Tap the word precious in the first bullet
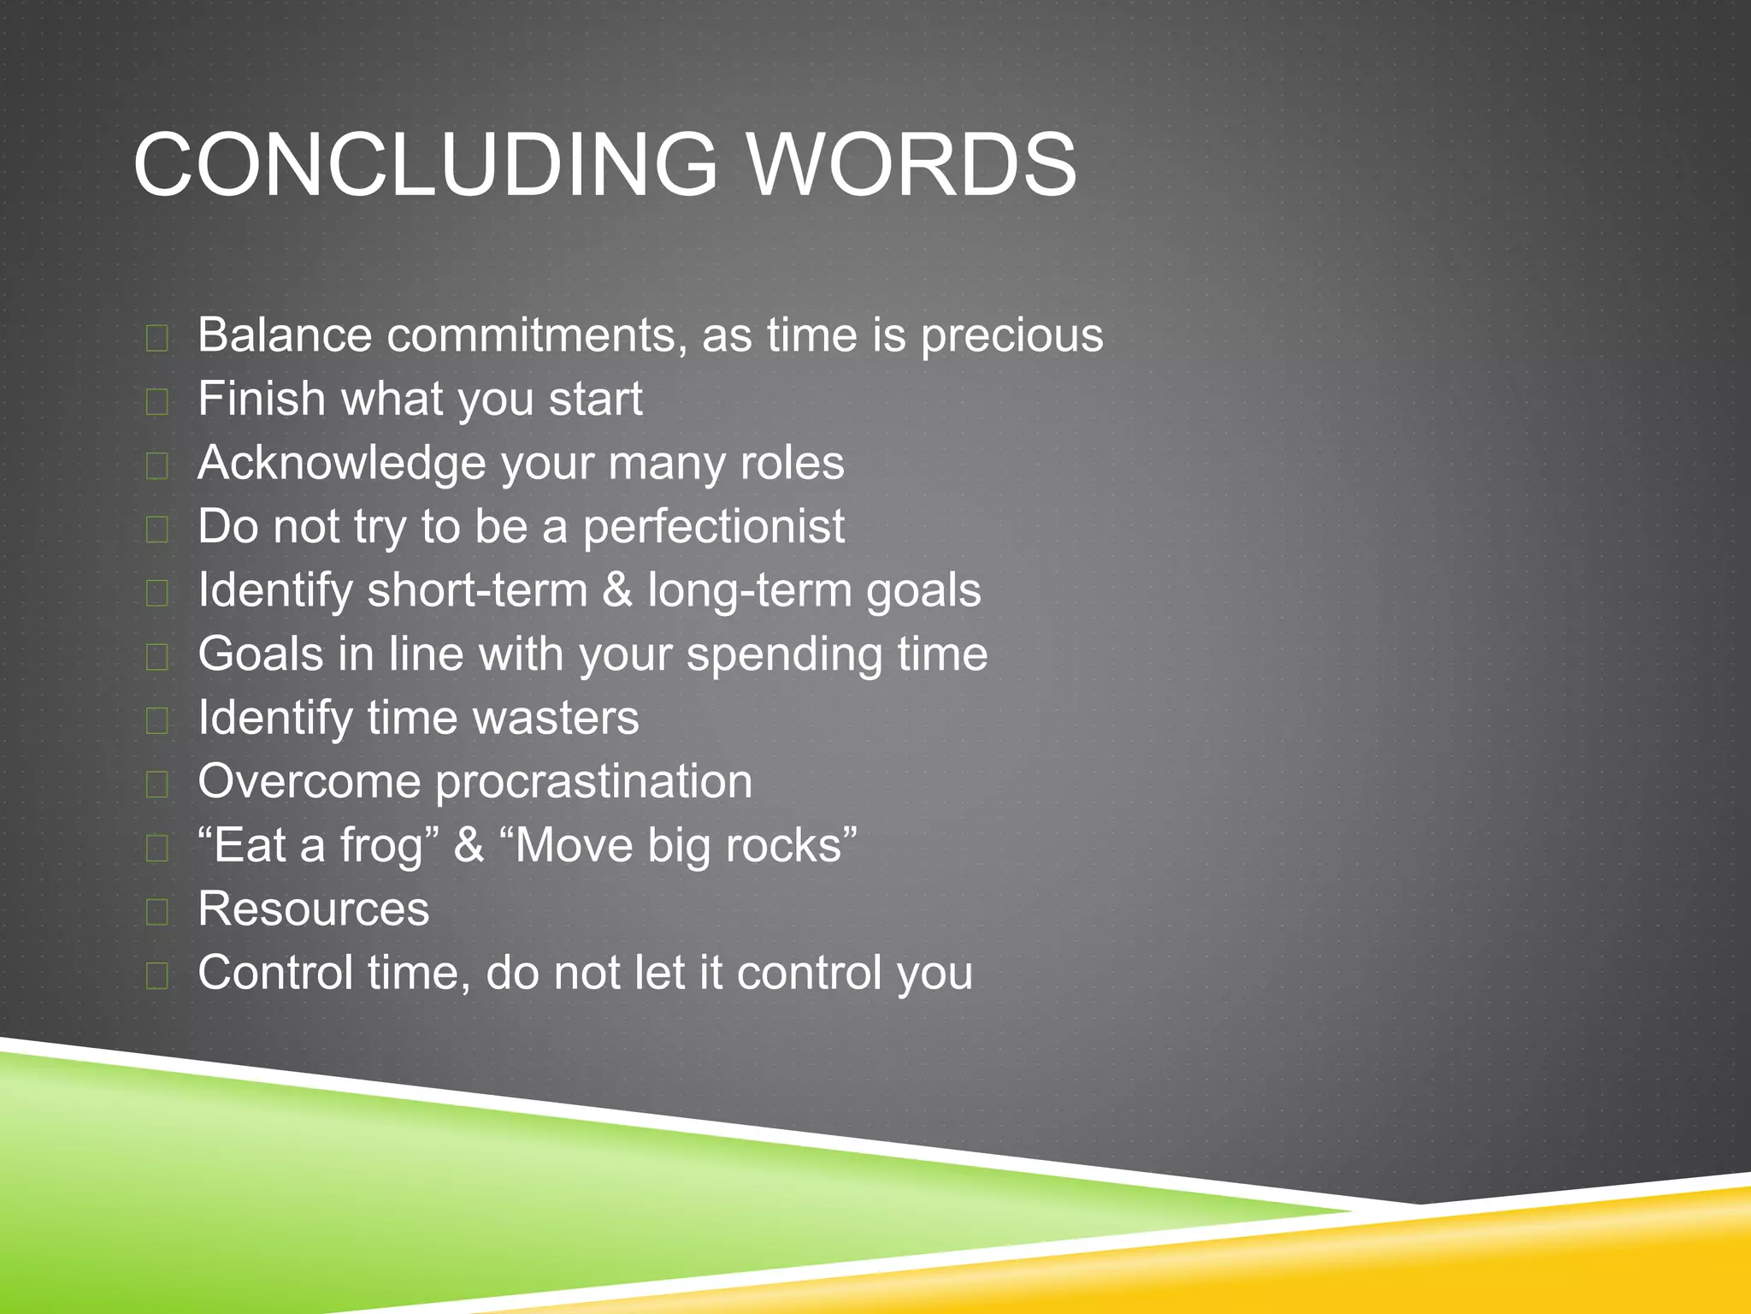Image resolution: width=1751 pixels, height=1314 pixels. point(1011,335)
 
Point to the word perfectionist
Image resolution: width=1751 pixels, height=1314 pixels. point(713,526)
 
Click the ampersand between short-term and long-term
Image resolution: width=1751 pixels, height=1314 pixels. point(617,590)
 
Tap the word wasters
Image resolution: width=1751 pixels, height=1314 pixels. point(556,718)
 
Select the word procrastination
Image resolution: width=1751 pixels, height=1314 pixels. point(594,782)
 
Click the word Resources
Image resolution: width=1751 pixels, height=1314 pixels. point(313,909)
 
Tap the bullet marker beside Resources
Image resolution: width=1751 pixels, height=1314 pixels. point(157,912)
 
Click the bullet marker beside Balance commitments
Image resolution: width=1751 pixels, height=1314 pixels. point(157,339)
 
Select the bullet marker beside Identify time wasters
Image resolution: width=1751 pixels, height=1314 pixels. point(157,721)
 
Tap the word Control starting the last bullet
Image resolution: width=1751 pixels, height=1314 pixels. point(274,973)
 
